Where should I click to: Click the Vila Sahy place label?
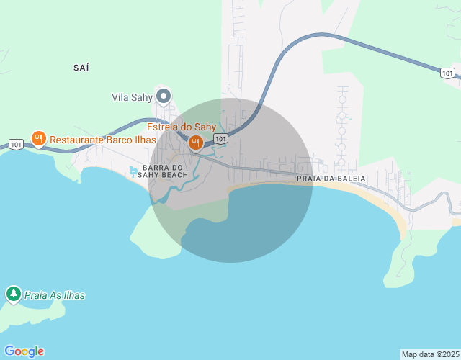[x=130, y=96]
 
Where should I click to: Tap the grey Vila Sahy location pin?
[x=164, y=95]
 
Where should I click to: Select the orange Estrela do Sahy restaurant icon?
[x=194, y=143]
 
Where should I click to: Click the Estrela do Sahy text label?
[x=182, y=127]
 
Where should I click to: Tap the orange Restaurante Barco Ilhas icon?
[x=39, y=138]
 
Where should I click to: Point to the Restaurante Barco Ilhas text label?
[x=103, y=139]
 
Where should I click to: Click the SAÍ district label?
[x=81, y=68]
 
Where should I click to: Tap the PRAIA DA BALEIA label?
[x=331, y=178]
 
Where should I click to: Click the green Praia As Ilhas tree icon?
[x=13, y=294]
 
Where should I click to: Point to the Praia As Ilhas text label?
[x=55, y=295]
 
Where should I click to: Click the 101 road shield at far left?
[x=16, y=144]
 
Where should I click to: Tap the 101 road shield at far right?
[x=447, y=73]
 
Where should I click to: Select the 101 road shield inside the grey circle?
[x=221, y=138]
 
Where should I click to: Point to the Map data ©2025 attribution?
[x=429, y=354]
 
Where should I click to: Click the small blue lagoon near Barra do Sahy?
[x=133, y=171]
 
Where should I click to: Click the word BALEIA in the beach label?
[x=349, y=178]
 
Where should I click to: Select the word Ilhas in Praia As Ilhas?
[x=73, y=295]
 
